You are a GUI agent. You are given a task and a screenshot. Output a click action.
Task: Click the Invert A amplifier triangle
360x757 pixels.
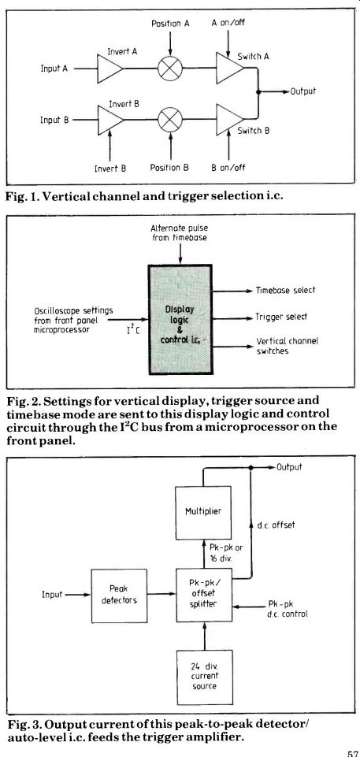click(109, 68)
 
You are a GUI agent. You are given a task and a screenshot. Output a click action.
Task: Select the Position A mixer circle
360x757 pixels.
click(170, 68)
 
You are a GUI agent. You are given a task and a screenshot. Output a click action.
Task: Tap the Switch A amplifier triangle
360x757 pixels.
click(229, 68)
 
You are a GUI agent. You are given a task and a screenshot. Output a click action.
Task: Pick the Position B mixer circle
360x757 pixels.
click(170, 119)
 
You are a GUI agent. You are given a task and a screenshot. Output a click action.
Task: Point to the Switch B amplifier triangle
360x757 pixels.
click(230, 119)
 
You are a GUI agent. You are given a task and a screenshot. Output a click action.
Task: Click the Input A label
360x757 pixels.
click(54, 69)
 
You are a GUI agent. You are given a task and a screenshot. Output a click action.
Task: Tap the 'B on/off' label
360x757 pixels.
click(228, 168)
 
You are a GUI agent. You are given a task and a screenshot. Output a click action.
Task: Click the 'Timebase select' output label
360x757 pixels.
click(286, 290)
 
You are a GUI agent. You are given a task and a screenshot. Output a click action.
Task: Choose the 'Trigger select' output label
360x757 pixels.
click(281, 317)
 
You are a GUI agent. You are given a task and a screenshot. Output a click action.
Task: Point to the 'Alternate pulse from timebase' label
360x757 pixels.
click(180, 233)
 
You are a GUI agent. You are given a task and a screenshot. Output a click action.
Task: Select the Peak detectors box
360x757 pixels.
click(119, 596)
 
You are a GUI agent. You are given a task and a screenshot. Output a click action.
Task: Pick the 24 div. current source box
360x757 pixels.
click(205, 677)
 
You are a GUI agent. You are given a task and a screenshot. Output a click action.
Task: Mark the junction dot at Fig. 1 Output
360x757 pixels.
click(258, 91)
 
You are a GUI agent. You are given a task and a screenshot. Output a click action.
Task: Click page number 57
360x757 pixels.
click(352, 752)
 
